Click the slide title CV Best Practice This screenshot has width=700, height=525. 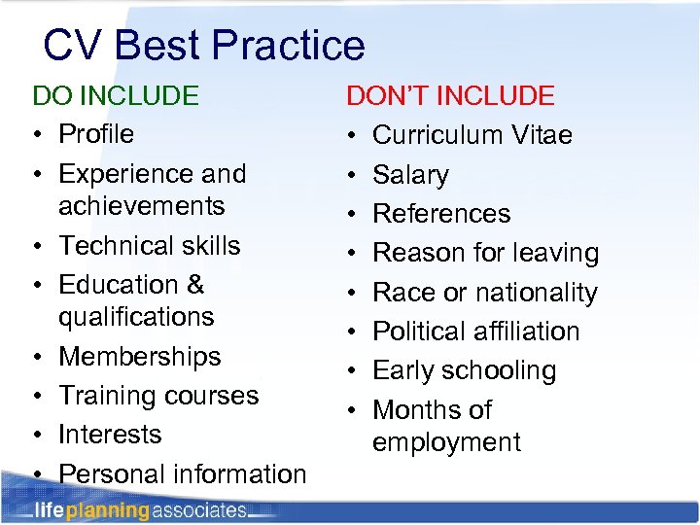click(x=204, y=45)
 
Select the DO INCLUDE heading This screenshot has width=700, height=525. click(x=116, y=95)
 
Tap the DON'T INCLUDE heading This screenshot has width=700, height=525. click(x=450, y=95)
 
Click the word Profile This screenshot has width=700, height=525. click(x=96, y=133)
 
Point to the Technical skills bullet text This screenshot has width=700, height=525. click(x=149, y=245)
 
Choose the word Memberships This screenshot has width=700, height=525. click(x=140, y=357)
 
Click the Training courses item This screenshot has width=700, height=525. click(x=158, y=396)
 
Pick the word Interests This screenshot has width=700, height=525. click(x=109, y=434)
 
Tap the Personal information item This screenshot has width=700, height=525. click(x=182, y=473)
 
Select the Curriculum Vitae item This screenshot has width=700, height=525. click(x=472, y=134)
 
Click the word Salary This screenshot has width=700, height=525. click(x=410, y=175)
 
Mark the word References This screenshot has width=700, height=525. click(x=441, y=214)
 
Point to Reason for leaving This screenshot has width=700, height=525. click(x=485, y=253)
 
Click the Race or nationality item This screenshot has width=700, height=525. click(x=484, y=293)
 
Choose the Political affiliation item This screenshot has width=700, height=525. click(x=475, y=332)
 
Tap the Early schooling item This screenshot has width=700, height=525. click(x=464, y=370)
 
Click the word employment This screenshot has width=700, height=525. click(x=446, y=442)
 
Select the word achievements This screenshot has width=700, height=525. click(x=141, y=206)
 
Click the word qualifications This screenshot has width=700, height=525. click(x=136, y=317)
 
